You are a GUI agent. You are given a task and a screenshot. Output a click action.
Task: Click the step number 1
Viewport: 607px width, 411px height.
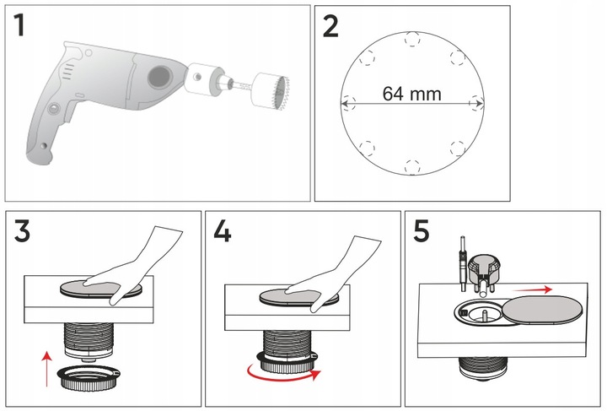19,28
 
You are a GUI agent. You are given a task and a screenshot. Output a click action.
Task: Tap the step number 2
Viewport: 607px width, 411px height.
330,28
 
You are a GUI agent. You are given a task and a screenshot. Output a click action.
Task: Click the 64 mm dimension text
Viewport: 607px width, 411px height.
411,94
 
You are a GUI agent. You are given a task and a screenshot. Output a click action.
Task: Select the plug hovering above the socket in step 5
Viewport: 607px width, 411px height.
484,267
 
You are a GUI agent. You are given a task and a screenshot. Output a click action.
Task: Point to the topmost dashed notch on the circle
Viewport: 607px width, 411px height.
412,38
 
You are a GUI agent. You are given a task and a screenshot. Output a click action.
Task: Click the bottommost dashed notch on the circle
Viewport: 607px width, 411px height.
412,167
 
